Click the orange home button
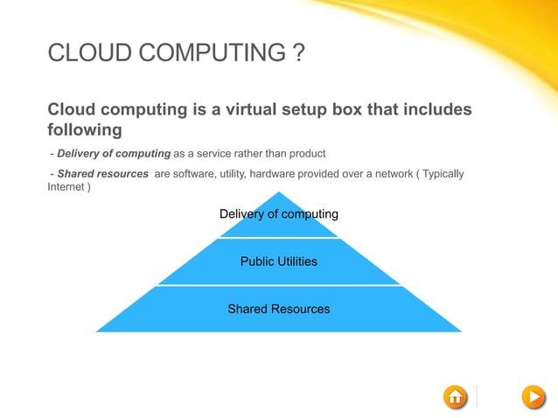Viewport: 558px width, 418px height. tap(455, 397)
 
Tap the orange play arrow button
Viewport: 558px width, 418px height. tap(533, 397)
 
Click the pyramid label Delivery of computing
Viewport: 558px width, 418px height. tap(278, 213)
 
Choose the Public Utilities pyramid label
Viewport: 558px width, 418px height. tap(278, 261)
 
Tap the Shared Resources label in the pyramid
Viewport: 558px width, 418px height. tap(278, 309)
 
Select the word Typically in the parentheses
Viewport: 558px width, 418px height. tap(443, 174)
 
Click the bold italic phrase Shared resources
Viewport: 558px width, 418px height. tap(102, 174)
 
